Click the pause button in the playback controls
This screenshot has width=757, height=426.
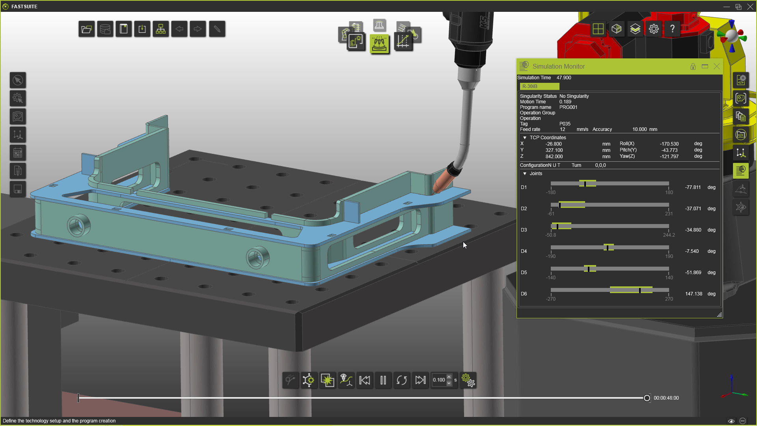pos(383,380)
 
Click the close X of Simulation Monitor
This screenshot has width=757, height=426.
pos(717,66)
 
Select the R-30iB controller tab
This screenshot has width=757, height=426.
pos(539,86)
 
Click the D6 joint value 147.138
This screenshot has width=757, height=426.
pos(694,294)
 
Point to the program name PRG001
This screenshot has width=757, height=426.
pos(568,107)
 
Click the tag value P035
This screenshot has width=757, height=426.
pos(565,124)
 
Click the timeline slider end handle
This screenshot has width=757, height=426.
pos(647,398)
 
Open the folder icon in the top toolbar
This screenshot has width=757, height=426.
pos(86,29)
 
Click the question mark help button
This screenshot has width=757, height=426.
pos(672,29)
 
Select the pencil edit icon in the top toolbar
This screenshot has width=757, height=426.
pos(217,29)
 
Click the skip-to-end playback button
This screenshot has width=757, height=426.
pos(420,380)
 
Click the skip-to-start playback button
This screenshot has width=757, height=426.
pos(365,380)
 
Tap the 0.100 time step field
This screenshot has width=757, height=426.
pos(439,380)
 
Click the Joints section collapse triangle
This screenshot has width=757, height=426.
pos(525,174)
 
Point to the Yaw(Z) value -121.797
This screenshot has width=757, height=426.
pos(669,157)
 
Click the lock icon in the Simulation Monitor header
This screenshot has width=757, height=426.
pos(693,67)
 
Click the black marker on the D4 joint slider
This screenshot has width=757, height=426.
pos(608,248)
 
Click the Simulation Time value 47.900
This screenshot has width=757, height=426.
pos(563,78)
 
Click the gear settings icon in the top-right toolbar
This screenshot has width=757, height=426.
pos(654,29)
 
